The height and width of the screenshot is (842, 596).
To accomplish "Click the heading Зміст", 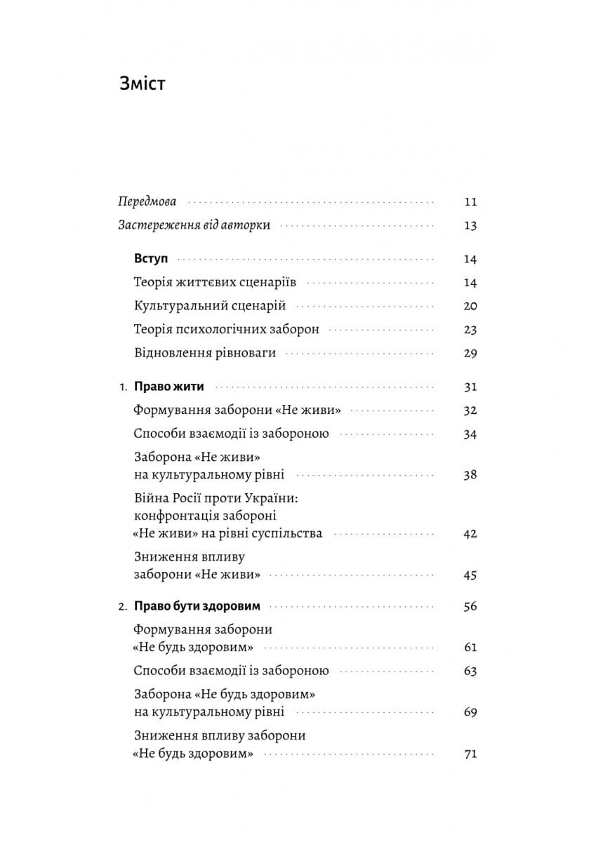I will (143, 83).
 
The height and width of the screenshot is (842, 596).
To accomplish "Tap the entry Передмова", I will (147, 201).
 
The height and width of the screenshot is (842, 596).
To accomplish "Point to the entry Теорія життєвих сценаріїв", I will (215, 283).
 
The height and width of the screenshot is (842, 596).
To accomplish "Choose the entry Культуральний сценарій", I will (209, 306).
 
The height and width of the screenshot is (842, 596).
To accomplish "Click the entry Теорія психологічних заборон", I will (226, 329).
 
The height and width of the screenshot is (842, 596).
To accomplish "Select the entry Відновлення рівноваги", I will (204, 353).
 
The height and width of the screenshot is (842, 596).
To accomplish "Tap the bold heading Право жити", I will (168, 387).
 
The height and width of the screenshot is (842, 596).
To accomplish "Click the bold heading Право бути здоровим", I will (197, 606).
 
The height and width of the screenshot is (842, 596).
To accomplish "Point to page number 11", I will (470, 202).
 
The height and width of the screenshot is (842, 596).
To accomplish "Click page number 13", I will (470, 226).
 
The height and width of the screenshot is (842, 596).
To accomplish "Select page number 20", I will (470, 306).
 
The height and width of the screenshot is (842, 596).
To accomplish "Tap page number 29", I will (470, 353).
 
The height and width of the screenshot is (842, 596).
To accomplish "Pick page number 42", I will (470, 533).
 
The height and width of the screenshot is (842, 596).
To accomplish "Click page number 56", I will (470, 606).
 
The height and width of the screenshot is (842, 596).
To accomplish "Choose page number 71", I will (470, 754).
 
